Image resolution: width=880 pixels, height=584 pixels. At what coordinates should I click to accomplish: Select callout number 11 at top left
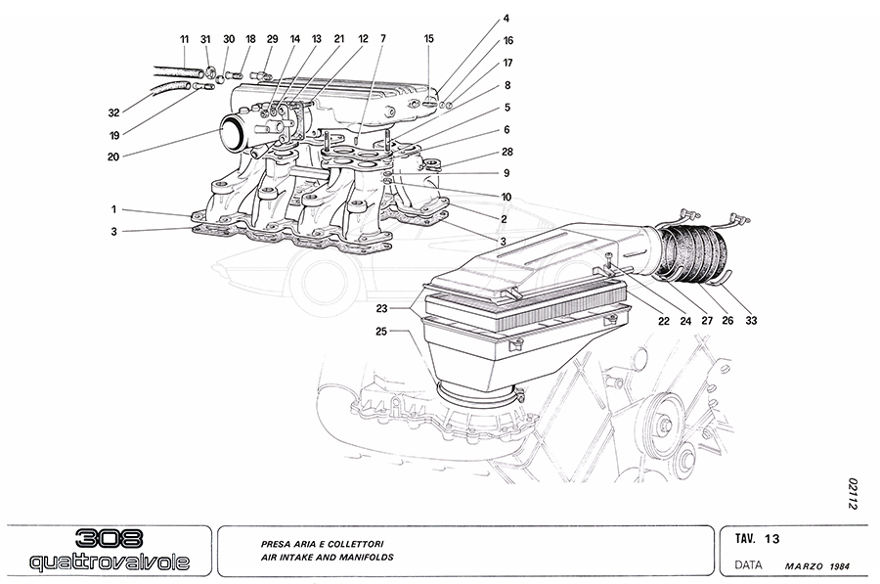(x=184, y=38)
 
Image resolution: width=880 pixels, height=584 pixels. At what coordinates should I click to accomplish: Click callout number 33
(x=751, y=320)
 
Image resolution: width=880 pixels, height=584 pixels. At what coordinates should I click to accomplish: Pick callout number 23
(x=381, y=308)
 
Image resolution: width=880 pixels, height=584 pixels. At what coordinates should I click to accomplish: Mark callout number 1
(x=113, y=208)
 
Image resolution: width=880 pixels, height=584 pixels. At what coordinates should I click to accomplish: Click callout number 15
(x=428, y=38)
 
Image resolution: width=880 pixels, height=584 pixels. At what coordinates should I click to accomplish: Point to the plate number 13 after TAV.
(x=771, y=538)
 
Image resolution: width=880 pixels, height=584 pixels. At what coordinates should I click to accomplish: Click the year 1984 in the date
(x=843, y=566)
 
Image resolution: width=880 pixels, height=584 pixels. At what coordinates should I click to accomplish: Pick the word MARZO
(x=805, y=566)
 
